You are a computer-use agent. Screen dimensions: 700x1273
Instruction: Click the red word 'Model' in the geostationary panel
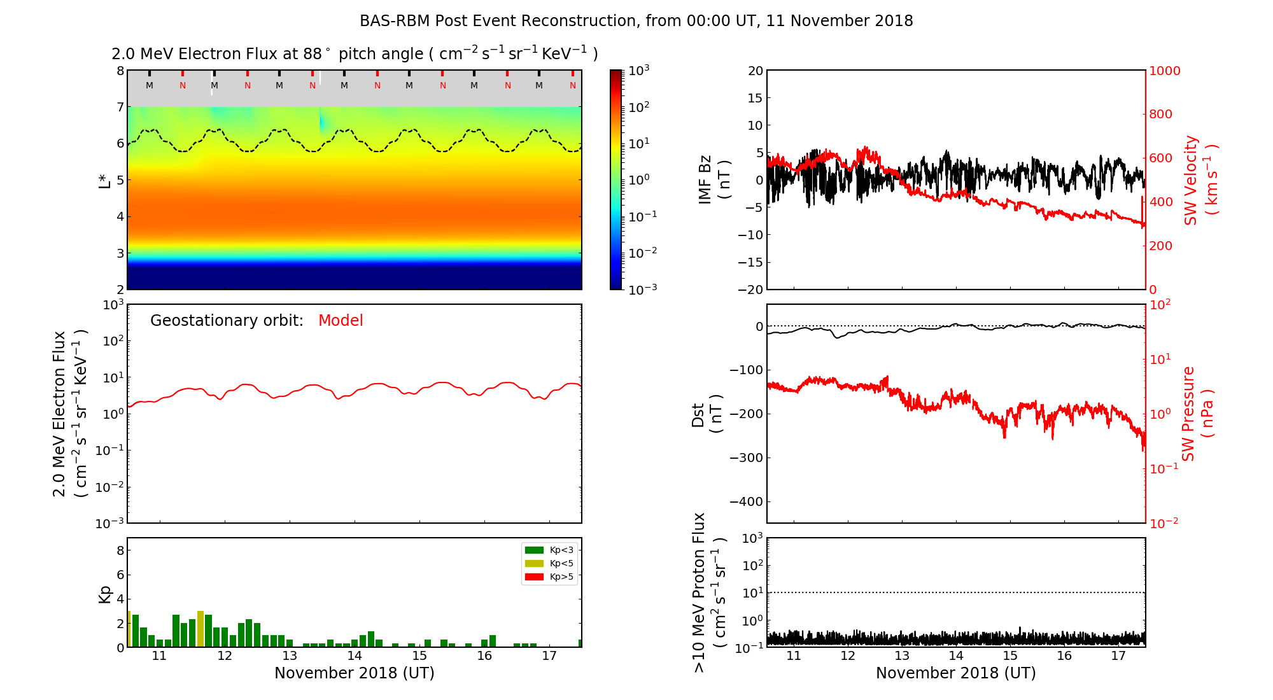[341, 321]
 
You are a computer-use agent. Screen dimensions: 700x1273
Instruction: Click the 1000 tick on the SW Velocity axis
[1165, 71]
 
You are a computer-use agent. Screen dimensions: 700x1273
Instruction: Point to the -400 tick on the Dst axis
[746, 501]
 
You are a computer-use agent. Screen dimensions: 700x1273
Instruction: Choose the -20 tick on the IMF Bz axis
[749, 290]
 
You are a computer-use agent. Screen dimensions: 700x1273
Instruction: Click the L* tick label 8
[120, 71]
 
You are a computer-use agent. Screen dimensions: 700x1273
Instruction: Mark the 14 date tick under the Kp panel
[355, 656]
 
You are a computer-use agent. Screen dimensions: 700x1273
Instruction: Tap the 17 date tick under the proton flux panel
[1118, 656]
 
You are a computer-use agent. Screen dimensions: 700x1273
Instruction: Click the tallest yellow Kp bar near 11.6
[200, 629]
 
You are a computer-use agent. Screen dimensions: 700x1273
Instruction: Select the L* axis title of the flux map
[105, 180]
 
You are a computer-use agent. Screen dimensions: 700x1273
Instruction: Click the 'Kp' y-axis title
[105, 594]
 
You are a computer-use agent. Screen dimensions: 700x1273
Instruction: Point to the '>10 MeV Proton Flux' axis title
[708, 592]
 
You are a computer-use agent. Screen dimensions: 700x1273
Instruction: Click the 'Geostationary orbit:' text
[227, 321]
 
